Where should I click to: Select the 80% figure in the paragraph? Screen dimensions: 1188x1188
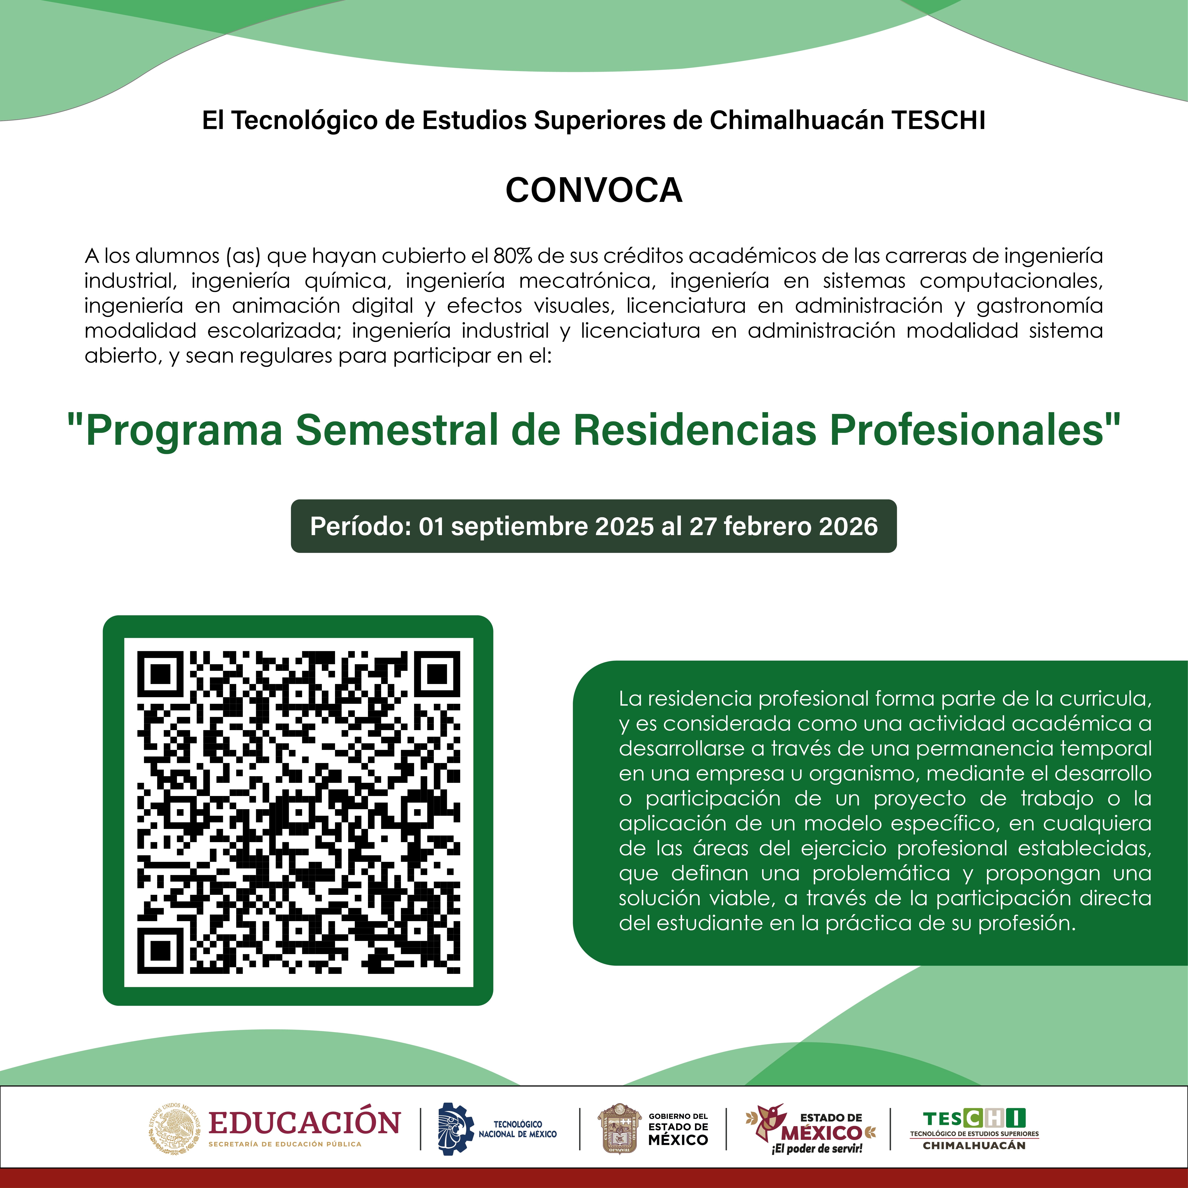tap(512, 256)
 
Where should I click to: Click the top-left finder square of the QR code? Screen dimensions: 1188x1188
tap(161, 674)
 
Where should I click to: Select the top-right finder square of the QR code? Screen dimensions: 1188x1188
tap(437, 674)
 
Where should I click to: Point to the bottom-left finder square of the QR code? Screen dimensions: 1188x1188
tap(161, 950)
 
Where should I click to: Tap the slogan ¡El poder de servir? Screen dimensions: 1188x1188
tap(817, 1149)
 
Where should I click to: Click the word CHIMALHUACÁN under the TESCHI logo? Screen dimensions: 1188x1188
tap(974, 1146)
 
